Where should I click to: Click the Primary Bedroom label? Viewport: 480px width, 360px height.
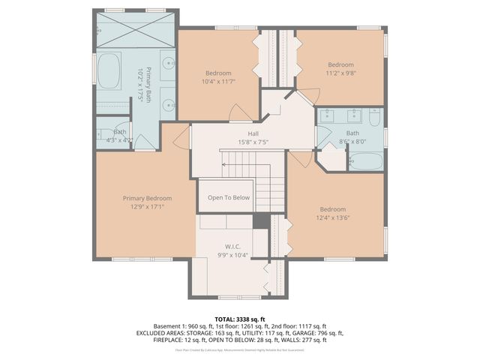[x=147, y=198]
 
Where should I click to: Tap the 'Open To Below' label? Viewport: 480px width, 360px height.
[x=229, y=198]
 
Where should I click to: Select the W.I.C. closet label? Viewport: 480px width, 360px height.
[x=232, y=246]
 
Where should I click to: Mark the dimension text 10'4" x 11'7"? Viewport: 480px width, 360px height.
[x=218, y=81]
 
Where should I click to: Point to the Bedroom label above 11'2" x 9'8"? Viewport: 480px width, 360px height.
[x=340, y=64]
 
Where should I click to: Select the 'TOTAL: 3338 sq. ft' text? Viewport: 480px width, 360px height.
[x=240, y=318]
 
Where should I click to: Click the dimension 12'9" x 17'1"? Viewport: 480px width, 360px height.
[x=147, y=206]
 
